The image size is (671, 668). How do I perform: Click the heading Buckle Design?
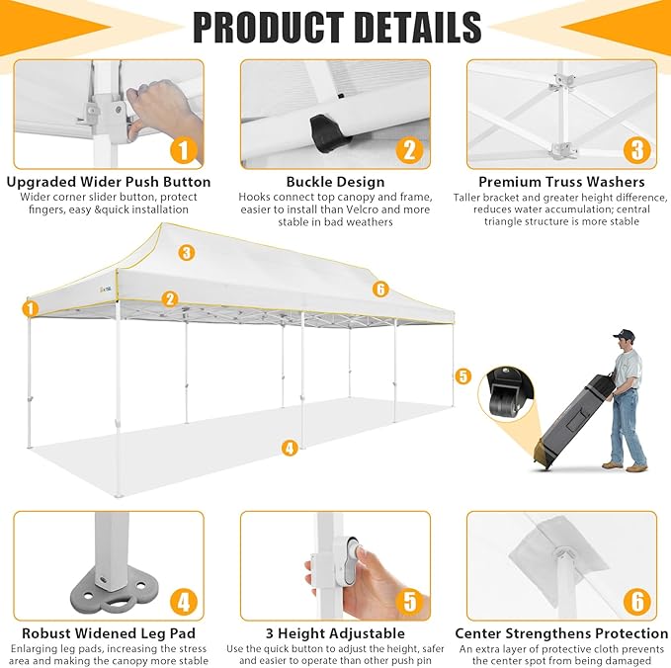[x=336, y=182]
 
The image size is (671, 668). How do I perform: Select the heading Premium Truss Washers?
[x=561, y=182]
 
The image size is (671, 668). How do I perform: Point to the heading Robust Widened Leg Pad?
[x=109, y=633]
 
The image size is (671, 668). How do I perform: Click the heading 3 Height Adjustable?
[x=336, y=633]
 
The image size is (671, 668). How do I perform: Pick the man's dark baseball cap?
[x=623, y=334]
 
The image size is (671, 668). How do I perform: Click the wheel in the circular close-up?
[x=502, y=402]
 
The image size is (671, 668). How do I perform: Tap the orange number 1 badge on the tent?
[x=31, y=308]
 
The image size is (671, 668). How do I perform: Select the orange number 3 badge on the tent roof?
[x=186, y=253]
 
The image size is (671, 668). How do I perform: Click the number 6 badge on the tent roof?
[x=380, y=290]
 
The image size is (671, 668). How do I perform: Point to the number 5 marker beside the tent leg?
[x=462, y=376]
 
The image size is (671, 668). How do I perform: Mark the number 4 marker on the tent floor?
[x=290, y=448]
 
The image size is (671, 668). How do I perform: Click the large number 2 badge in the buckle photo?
[x=409, y=150]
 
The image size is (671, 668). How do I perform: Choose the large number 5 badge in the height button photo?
[x=409, y=602]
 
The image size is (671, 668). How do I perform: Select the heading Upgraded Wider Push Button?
[x=109, y=182]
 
